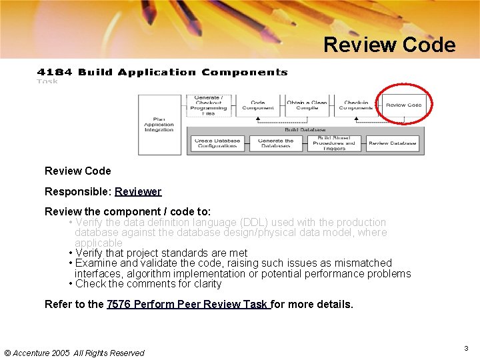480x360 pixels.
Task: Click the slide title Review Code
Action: click(389, 45)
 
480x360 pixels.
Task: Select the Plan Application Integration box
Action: click(159, 125)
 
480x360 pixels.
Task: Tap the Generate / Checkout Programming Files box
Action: click(208, 105)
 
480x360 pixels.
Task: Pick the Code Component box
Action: click(258, 105)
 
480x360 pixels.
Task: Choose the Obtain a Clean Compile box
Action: click(307, 105)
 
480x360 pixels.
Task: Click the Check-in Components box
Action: click(355, 105)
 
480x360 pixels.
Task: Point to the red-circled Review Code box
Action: click(404, 105)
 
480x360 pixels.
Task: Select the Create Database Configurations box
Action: click(217, 143)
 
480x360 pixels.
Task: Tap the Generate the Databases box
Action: click(275, 143)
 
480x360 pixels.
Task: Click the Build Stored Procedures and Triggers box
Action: click(334, 143)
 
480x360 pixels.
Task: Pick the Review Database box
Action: click(393, 143)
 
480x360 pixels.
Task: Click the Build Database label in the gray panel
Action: click(305, 130)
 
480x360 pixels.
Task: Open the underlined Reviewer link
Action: click(138, 191)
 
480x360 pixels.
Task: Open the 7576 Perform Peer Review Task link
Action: click(188, 304)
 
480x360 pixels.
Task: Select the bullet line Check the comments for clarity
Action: click(148, 283)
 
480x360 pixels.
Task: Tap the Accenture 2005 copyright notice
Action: click(74, 353)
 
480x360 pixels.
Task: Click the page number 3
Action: click(467, 349)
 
